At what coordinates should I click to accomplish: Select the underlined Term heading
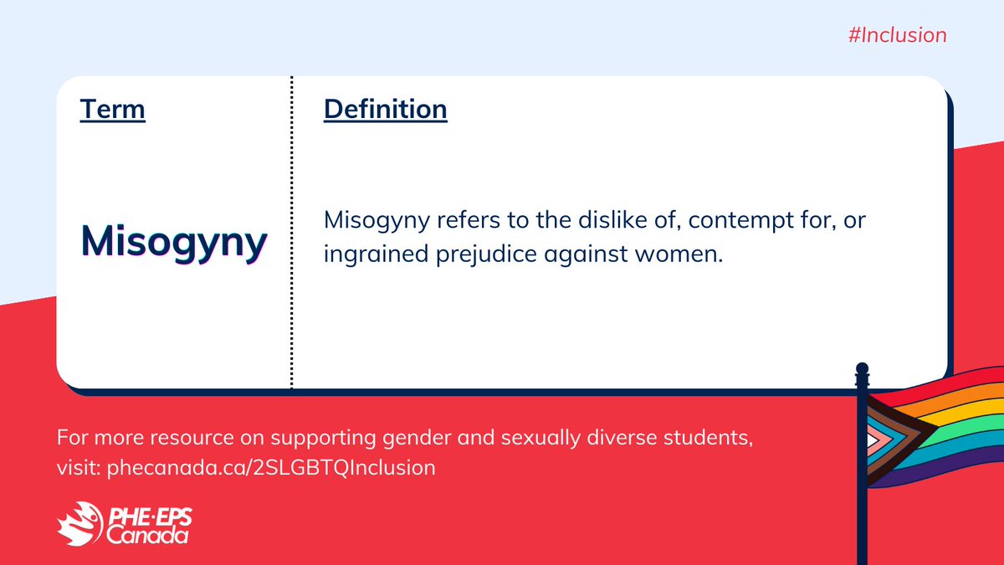(x=112, y=109)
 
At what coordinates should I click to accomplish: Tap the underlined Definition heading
(x=385, y=109)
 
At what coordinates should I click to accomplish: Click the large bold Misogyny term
(x=174, y=240)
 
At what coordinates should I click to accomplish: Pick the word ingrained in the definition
(x=364, y=255)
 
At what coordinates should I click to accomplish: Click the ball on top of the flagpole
(x=863, y=368)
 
